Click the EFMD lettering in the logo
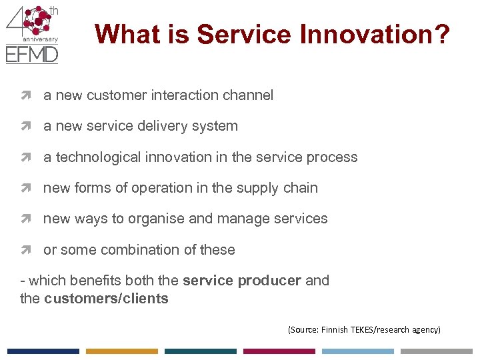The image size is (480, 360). click(x=31, y=54)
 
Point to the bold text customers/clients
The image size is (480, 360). click(x=106, y=299)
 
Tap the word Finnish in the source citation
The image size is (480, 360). click(x=333, y=329)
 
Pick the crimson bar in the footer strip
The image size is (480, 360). click(x=279, y=351)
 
